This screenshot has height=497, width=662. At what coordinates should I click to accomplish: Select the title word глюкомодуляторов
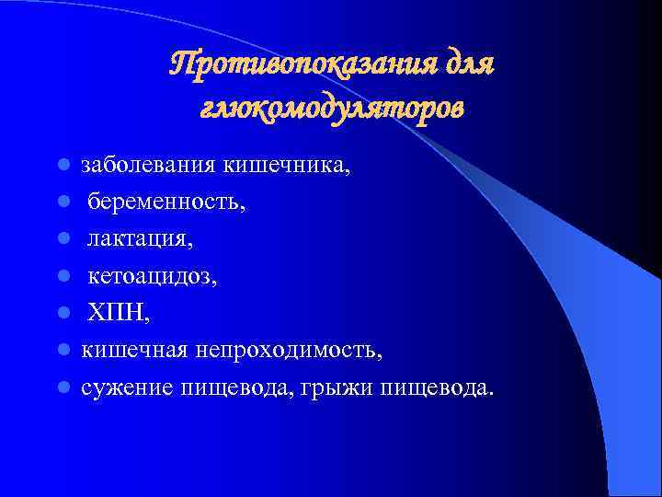point(331,109)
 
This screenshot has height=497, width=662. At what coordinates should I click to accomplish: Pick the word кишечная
point(132,351)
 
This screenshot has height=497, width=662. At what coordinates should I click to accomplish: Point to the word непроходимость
point(287,351)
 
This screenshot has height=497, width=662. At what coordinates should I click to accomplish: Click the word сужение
point(120,387)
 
